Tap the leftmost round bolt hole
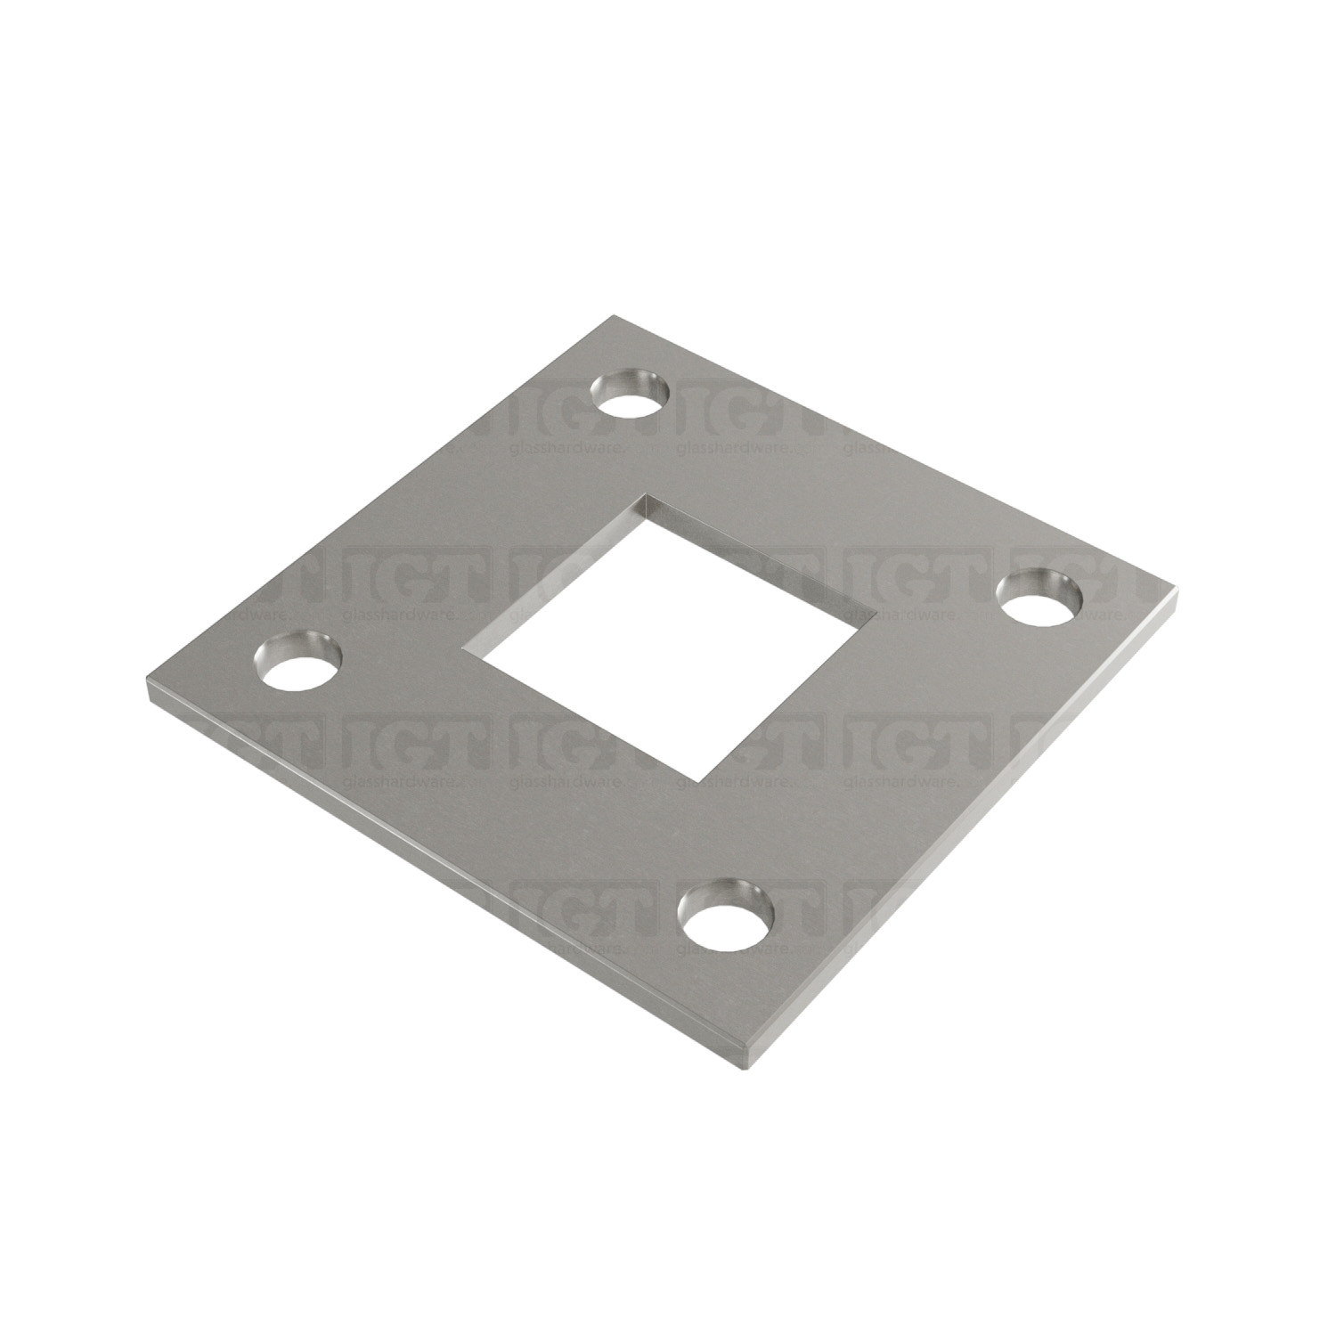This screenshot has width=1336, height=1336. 298,668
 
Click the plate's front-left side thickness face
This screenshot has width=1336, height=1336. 445,878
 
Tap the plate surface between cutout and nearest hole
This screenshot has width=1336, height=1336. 713,846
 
